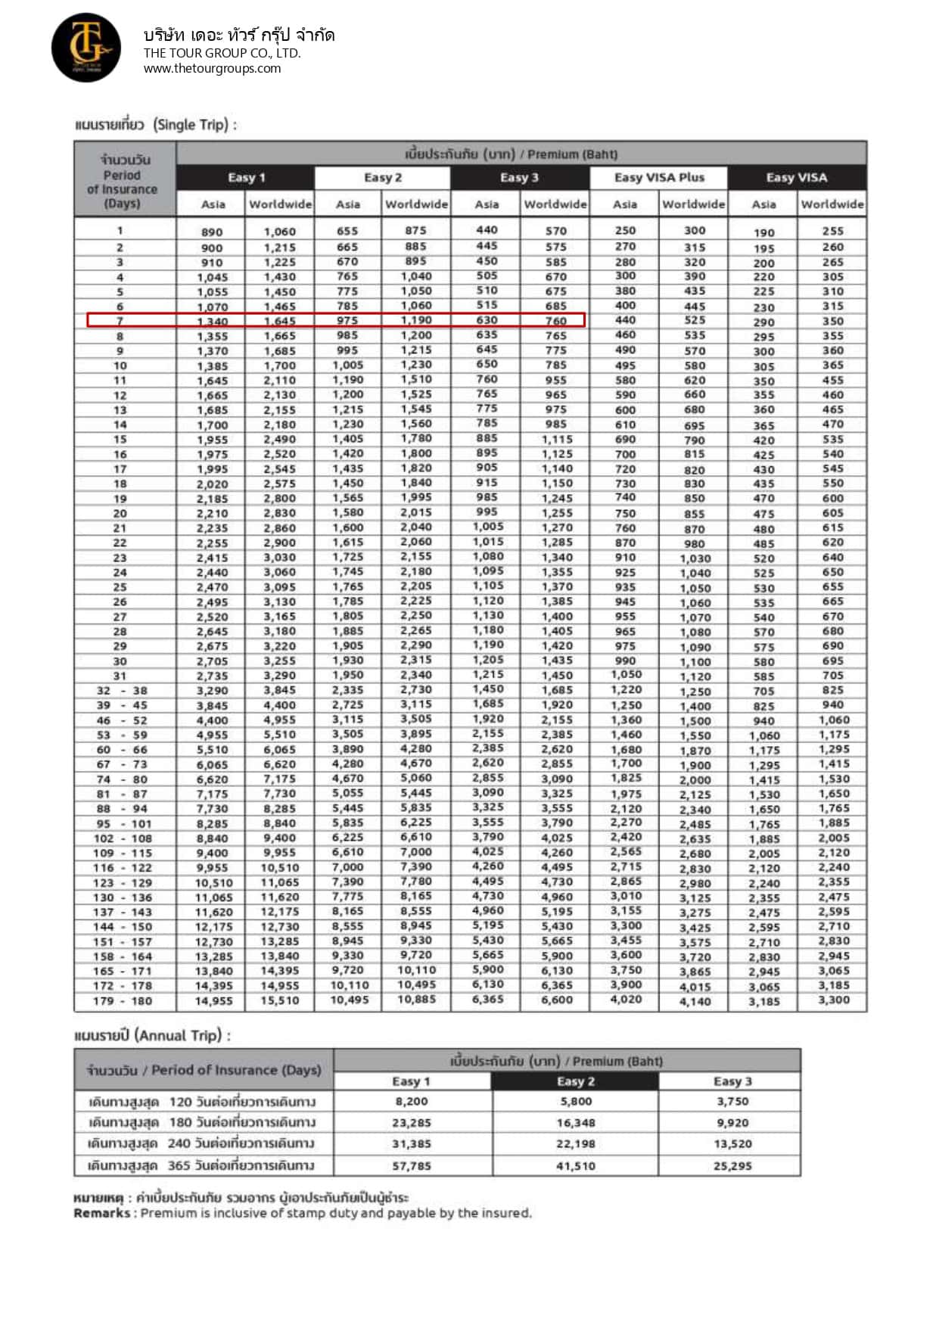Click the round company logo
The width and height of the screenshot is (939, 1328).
tap(86, 48)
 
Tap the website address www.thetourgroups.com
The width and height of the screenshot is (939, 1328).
tap(212, 68)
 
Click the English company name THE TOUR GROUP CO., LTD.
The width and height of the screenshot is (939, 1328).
tap(222, 53)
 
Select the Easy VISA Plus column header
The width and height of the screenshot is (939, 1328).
tap(658, 178)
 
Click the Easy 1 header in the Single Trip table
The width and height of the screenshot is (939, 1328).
tap(246, 178)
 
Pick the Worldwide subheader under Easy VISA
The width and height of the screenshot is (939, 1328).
tap(832, 204)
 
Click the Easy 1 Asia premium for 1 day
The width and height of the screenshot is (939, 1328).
tap(212, 232)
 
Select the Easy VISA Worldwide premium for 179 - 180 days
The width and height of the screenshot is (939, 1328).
tap(833, 1000)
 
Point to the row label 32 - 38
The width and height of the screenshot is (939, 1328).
tap(122, 691)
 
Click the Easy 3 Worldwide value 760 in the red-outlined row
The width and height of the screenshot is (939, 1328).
tap(555, 321)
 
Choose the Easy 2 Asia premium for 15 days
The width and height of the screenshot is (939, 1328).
tap(347, 439)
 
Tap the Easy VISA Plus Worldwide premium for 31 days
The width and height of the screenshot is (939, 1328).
tap(695, 676)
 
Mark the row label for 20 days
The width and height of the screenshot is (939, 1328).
tap(120, 513)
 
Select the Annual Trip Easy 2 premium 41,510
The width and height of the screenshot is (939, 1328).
tap(575, 1166)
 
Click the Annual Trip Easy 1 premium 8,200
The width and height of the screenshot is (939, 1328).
tap(412, 1102)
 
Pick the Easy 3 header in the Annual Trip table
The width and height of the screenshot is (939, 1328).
tap(732, 1081)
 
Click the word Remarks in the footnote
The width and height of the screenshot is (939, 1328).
tap(102, 1213)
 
